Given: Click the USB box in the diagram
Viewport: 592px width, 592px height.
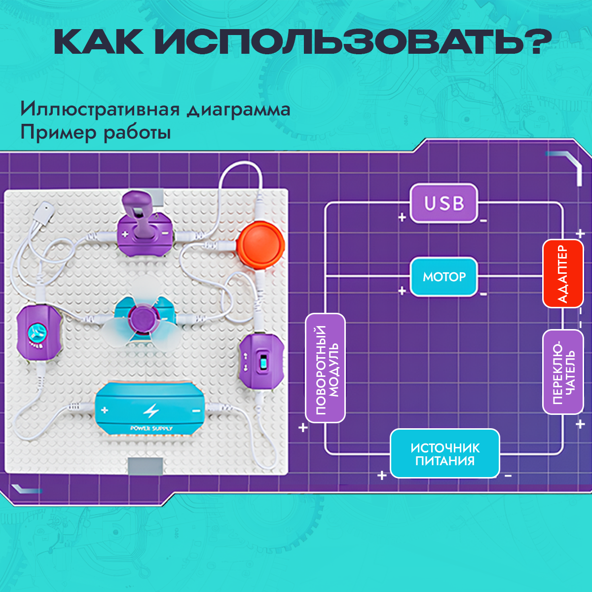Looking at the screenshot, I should pyautogui.click(x=444, y=203).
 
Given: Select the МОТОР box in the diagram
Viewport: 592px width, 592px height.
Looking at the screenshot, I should pyautogui.click(x=444, y=277).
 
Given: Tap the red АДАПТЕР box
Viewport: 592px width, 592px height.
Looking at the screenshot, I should pyautogui.click(x=562, y=274).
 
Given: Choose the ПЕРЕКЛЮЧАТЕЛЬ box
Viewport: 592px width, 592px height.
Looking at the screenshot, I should pyautogui.click(x=562, y=371).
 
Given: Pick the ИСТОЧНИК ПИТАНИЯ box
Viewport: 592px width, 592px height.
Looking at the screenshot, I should pyautogui.click(x=445, y=454).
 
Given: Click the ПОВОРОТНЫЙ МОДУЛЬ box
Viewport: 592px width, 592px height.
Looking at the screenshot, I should pyautogui.click(x=325, y=368).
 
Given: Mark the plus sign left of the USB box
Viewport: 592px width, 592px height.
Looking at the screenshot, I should pyautogui.click(x=402, y=217).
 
